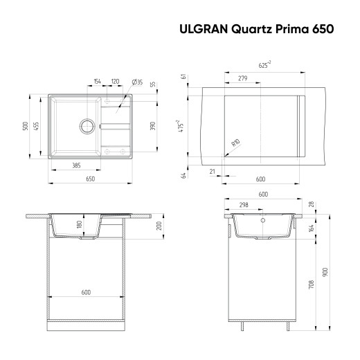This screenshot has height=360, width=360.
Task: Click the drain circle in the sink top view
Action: [87, 126]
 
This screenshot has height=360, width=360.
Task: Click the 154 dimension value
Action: [98, 82]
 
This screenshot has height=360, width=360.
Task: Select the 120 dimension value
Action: [115, 82]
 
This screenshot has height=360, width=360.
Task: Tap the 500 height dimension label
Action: [26, 126]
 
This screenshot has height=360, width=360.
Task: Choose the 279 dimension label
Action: [242, 79]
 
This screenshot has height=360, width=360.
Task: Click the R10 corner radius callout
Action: [235, 143]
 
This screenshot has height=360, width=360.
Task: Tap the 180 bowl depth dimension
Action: [79, 224]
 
